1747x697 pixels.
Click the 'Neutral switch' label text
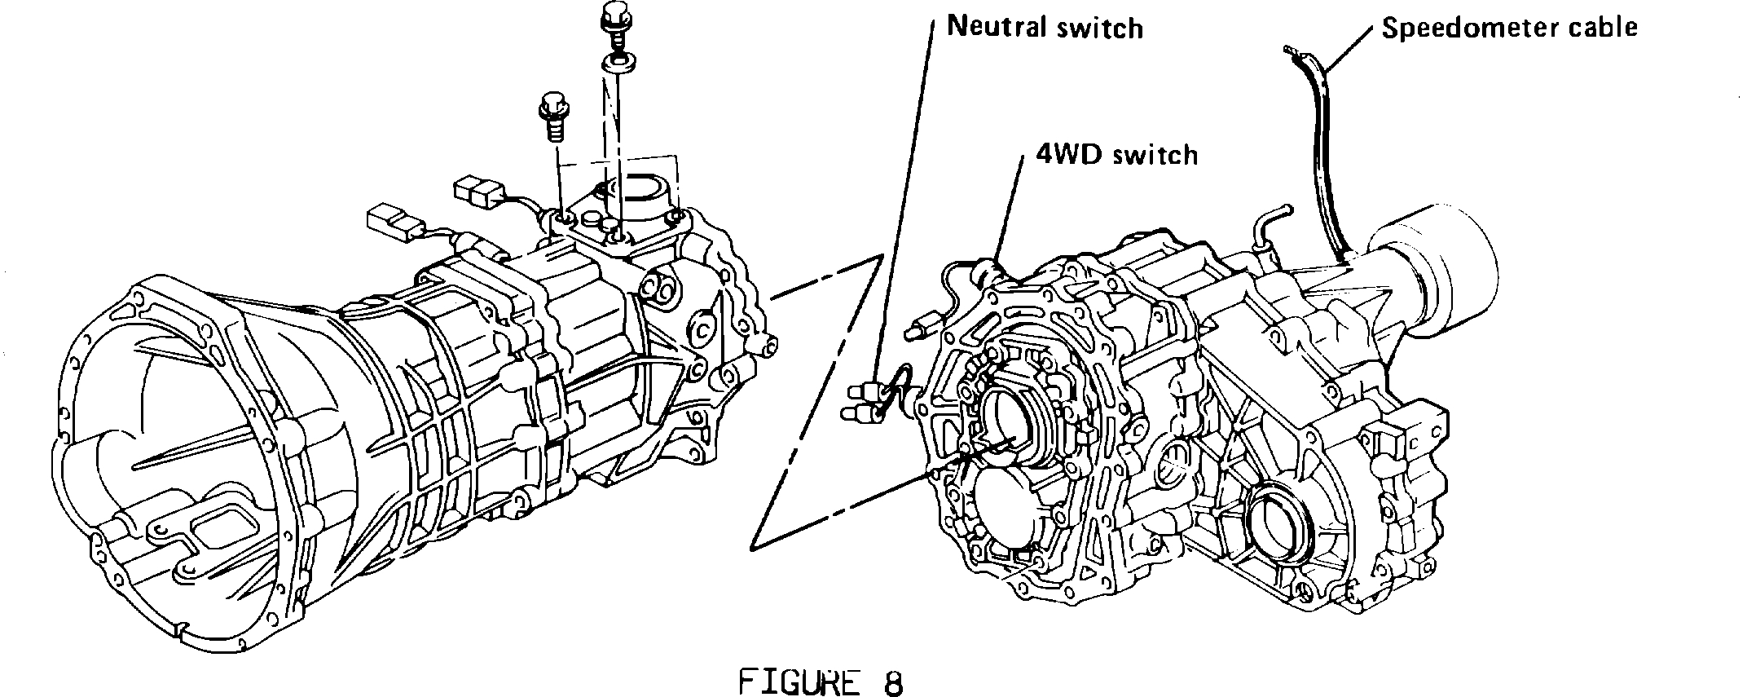pos(1045,28)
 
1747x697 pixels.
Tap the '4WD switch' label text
pos(1116,154)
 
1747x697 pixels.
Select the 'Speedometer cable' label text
pos(1509,28)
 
